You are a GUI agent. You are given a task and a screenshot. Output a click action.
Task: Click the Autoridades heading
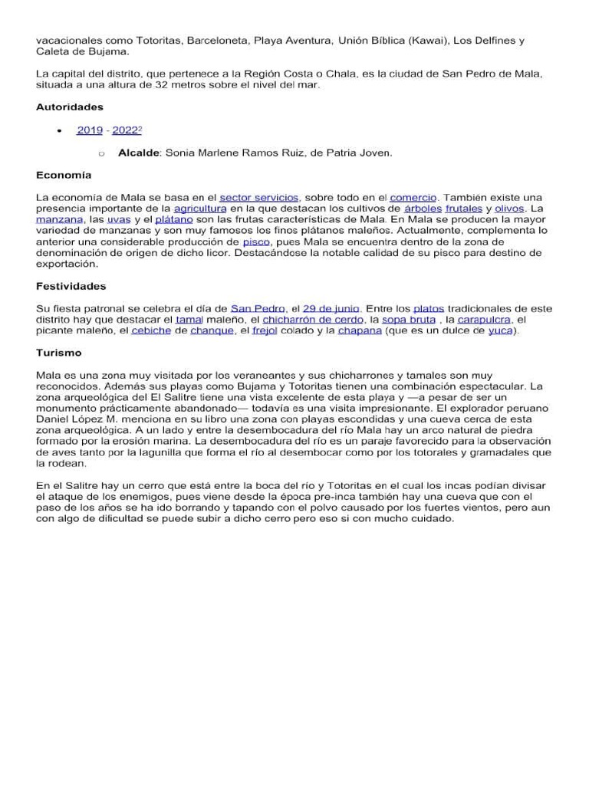pos(70,107)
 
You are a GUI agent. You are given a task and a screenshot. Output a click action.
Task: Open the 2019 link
pos(89,130)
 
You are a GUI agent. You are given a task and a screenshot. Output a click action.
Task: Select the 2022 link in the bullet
pos(126,130)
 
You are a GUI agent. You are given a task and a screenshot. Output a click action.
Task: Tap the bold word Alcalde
pos(139,153)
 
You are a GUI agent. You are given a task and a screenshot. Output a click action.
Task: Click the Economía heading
pos(64,175)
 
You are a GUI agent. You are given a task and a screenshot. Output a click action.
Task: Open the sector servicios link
pos(258,197)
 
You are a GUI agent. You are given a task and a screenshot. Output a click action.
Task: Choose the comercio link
pos(413,197)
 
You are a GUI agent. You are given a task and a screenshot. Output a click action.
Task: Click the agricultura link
pos(199,208)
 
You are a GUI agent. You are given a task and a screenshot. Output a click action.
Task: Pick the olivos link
pos(509,208)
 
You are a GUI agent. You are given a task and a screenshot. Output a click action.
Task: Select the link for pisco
pos(256,241)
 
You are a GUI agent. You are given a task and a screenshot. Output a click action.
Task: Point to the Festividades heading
pos(71,286)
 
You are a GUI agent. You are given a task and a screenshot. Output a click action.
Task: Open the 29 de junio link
pos(331,308)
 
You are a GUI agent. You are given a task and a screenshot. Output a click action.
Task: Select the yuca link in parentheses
pos(501,330)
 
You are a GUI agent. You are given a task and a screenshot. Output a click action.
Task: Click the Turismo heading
pos(58,353)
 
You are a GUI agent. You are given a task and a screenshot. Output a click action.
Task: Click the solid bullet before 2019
pos(60,131)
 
